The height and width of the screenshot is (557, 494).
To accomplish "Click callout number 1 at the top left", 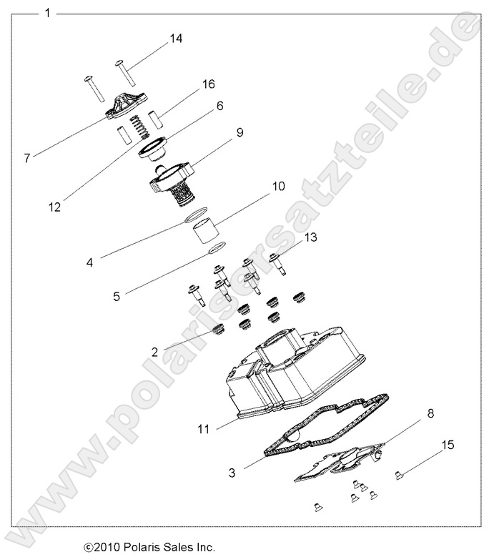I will pyautogui.click(x=47, y=13).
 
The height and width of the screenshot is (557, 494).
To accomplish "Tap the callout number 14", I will pyautogui.click(x=175, y=39).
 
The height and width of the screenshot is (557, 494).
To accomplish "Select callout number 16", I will pyautogui.click(x=208, y=84).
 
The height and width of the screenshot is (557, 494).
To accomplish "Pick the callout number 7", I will pyautogui.click(x=26, y=158).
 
